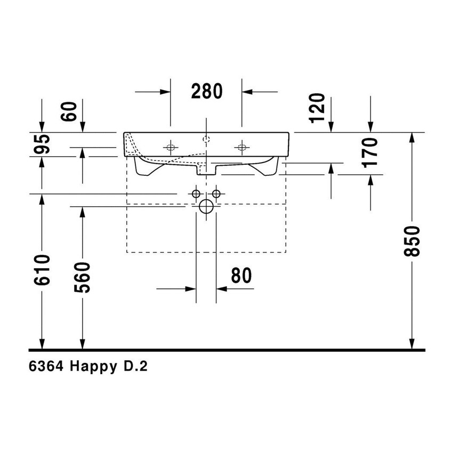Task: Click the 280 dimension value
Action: coord(206,92)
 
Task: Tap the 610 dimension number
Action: coord(42,270)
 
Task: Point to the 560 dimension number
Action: coord(83,277)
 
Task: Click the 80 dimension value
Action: coord(241,276)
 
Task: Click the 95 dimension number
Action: coord(43,144)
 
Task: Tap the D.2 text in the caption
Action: coord(135,367)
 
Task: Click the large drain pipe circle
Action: coord(206,207)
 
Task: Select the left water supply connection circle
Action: coord(196,192)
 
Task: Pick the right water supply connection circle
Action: coord(216,192)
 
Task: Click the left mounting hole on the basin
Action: coord(171,147)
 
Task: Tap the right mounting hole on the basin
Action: coord(242,147)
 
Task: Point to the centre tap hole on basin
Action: coord(206,140)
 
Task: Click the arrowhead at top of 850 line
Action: coord(412,137)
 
